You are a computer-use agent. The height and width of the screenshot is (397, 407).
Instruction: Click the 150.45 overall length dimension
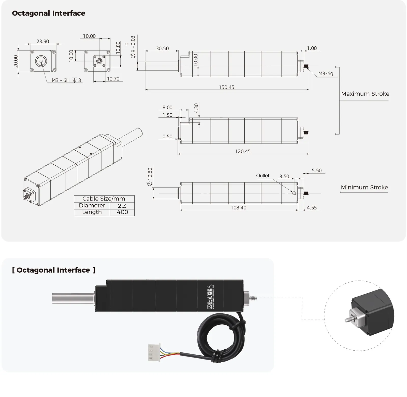point(226,87)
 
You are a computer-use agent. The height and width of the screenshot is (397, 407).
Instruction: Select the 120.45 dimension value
point(243,151)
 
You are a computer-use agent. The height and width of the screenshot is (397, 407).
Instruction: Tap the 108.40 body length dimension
point(238,208)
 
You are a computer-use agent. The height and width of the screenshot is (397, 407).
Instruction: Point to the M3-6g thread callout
point(326,73)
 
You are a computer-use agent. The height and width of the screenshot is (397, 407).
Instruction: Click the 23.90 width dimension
point(43,41)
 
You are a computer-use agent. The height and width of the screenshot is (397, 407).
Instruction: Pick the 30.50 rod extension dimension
point(162,48)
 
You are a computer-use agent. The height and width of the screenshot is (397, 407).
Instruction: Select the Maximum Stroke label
point(365,94)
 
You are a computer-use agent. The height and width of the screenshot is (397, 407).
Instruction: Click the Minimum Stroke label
point(364,187)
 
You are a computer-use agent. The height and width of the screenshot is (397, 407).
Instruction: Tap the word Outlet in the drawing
point(263,176)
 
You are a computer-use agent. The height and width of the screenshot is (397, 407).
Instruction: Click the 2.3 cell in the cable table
point(122,206)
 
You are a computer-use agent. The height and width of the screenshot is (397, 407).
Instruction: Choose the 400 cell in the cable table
point(122,212)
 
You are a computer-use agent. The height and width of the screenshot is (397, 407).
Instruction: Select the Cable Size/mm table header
point(104,199)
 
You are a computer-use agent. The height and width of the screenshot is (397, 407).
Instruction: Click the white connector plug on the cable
point(154,352)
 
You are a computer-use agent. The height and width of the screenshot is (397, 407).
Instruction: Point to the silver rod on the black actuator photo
point(73,298)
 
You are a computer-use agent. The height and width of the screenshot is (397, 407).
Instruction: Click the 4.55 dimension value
point(312,208)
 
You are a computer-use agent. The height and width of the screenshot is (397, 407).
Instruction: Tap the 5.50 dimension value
point(317,170)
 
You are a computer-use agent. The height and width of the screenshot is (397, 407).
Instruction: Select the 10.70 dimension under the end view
point(113,79)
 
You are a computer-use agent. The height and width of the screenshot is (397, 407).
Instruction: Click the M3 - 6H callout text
point(61,80)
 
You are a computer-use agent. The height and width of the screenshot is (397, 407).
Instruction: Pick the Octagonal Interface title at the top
point(49,13)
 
